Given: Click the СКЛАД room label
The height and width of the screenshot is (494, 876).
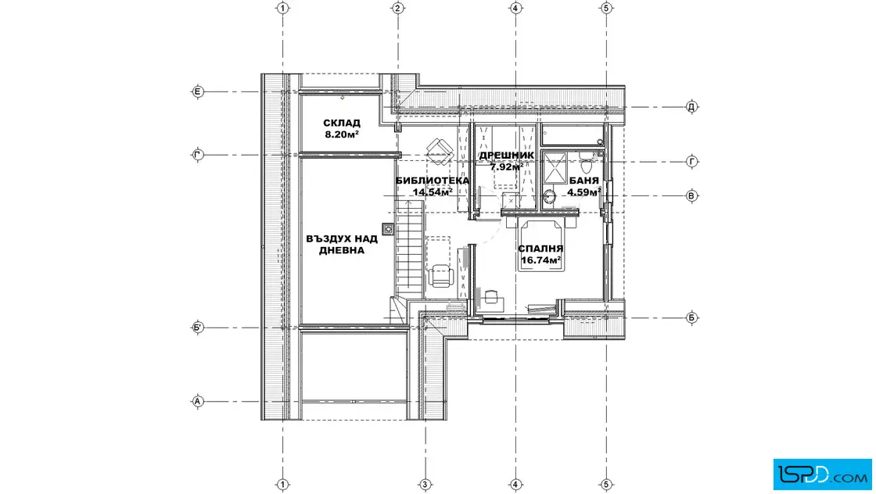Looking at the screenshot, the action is point(341,123).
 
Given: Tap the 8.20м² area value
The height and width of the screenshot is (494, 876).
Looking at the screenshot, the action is point(341,134).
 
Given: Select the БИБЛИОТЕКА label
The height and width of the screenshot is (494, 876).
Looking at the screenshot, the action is point(432,181).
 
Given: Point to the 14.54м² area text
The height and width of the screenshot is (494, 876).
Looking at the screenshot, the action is point(433,192).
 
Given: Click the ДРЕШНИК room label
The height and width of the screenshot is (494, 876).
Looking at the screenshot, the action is point(507,156).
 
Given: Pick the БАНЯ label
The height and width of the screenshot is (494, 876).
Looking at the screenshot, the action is point(584,181).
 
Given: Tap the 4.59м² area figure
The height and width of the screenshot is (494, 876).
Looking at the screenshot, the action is point(584,192).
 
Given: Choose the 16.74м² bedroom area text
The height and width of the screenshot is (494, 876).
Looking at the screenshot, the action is point(540,260).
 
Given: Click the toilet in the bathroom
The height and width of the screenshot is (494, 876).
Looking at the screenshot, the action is point(586,163).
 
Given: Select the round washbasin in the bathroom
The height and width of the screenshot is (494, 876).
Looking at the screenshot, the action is point(549,196).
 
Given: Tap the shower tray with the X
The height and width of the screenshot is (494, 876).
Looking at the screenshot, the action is point(555,167).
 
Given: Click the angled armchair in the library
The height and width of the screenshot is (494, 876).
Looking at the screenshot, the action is point(440,150).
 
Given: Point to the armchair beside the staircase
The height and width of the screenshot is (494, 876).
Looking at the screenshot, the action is point(441,276).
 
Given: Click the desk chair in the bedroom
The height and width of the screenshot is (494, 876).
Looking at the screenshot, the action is point(492,296).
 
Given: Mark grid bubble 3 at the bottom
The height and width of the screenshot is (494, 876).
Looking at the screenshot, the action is point(425,485).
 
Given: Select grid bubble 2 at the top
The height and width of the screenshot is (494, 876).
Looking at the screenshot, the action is point(398,9).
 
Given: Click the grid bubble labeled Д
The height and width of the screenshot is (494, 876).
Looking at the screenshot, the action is point(691,106).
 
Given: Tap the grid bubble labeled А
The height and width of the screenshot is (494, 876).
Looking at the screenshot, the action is point(198,401).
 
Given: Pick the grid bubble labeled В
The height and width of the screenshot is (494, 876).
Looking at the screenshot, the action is point(691,196).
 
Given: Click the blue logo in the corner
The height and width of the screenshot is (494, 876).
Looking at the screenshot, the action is point(822,474).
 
